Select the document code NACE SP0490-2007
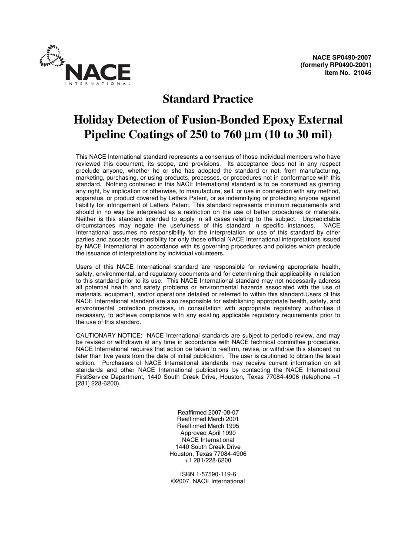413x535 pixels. (342, 57)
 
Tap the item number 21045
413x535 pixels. (362, 73)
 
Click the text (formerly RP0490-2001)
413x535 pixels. (336, 65)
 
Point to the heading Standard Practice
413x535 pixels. (208, 99)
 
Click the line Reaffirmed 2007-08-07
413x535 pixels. (208, 412)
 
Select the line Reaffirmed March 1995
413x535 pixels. (208, 426)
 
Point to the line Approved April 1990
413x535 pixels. (208, 433)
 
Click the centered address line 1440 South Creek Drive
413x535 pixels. (208, 447)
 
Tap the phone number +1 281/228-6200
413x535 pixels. (208, 461)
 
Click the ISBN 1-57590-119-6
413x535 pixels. (208, 475)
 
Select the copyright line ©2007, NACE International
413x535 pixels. (208, 481)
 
